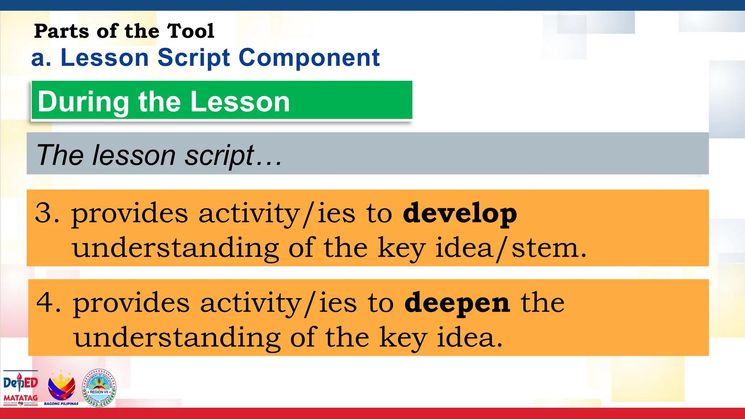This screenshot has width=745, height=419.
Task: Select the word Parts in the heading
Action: [61, 31]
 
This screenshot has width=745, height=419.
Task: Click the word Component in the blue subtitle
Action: [309, 58]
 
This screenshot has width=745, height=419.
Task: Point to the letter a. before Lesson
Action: [41, 59]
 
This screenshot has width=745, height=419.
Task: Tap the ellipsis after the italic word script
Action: [269, 156]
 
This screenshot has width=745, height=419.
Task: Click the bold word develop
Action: [460, 214]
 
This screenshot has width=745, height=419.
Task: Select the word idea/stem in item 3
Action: [511, 248]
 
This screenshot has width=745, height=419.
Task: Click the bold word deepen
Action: [457, 303]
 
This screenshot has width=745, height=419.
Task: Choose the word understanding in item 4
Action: [177, 338]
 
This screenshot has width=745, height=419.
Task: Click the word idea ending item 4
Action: [469, 338]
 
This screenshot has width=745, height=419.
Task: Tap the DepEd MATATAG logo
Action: [21, 388]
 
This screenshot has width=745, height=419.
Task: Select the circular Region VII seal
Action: [99, 388]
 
